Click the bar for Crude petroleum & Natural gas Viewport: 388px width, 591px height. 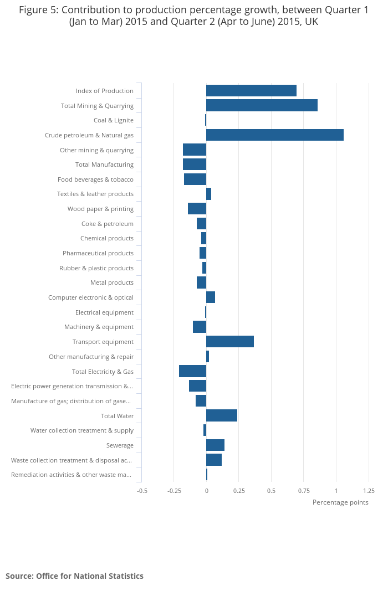pos(274,135)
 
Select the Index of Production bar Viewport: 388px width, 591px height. pos(251,91)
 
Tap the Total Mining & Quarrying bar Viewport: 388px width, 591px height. pos(262,106)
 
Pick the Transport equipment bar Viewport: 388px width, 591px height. pos(230,342)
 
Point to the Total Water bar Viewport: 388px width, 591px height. pos(222,416)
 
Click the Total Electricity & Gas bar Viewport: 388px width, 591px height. pos(192,372)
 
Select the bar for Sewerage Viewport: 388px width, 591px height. pos(215,445)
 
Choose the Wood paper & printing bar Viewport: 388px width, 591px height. pos(197,209)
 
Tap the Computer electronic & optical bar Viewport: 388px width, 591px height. pos(211,297)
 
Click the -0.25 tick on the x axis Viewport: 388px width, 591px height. pos(174,491)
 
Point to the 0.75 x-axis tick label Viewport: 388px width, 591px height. pos(304,491)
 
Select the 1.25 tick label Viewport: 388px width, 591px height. pos(369,491)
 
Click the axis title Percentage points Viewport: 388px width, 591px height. pos(340,502)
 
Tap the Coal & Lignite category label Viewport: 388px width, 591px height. pos(113,120)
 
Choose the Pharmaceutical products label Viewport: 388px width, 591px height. pos(98,253)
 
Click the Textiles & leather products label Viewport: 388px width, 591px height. pos(95,194)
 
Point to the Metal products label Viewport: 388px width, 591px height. pos(111,282)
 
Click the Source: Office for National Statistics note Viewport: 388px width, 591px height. pos(74,576)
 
